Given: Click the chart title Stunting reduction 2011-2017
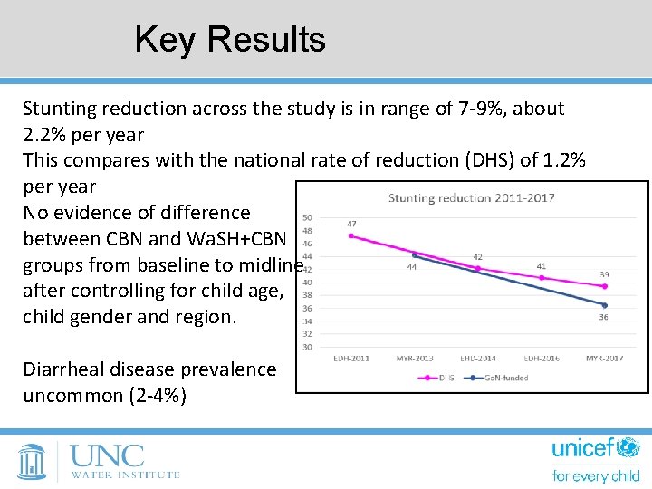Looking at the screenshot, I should coord(471,197).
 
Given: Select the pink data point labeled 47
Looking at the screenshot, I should coord(350,235).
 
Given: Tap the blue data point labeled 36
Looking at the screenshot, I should coord(604,305).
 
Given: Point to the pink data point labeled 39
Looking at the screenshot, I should coord(604,286).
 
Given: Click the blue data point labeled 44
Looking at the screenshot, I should coord(414,255).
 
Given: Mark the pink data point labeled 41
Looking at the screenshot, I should coord(542,277).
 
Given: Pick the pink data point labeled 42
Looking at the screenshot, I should coord(477,268).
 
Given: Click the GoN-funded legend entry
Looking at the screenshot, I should coord(499,378).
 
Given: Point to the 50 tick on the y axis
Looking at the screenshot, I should coord(308,217).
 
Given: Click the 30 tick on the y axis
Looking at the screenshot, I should coord(308,347).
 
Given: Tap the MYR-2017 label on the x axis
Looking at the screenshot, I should coord(604,359).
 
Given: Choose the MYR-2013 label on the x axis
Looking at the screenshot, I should coord(414,359).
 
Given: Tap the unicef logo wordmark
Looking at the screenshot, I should coord(595,449).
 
